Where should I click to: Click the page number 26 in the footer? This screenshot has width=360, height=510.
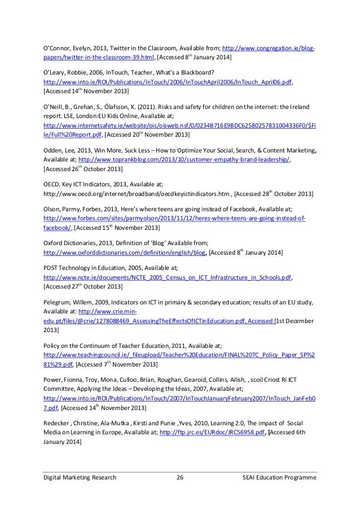tap(181, 478)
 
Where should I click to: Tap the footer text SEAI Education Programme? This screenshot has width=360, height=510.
tap(278, 478)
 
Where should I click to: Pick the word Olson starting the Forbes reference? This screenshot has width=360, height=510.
tap(52, 208)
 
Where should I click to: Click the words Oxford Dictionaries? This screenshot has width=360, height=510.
tap(73, 242)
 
